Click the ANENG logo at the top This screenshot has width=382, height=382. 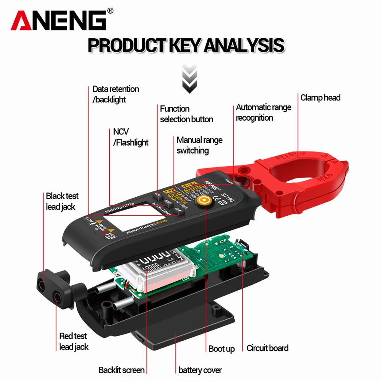point(61,20)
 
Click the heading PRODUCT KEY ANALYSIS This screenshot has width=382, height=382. point(186,45)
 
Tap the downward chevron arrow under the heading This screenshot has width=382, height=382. point(189,79)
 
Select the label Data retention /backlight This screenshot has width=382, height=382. point(115,94)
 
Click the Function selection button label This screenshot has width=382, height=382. point(186,114)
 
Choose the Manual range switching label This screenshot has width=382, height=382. point(199,145)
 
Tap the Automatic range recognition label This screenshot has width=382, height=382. point(263,112)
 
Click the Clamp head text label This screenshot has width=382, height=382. point(320,98)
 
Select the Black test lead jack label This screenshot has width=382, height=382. point(62,201)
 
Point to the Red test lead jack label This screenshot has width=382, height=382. point(73,341)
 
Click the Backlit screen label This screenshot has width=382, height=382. point(121,370)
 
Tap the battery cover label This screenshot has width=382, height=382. point(200,370)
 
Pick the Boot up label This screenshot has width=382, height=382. point(222,349)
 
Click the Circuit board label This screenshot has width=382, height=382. point(267,348)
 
